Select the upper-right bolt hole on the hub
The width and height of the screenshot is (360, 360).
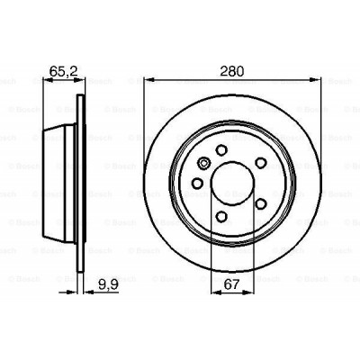pyautogui.click(x=260, y=162)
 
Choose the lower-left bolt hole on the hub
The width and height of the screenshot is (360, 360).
pyautogui.click(x=197, y=184)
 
